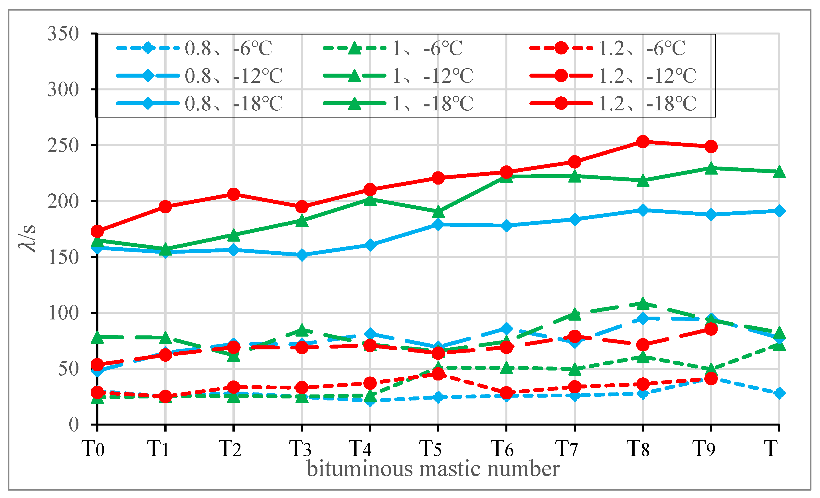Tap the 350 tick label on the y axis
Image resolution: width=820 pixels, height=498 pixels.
[63, 34]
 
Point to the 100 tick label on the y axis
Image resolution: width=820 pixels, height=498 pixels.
[63, 313]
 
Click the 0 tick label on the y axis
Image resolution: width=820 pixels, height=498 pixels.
[74, 424]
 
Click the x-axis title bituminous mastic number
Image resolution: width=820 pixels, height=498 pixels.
[433, 469]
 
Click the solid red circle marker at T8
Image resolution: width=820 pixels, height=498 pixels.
[643, 142]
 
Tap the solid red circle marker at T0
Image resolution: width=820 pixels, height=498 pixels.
[97, 231]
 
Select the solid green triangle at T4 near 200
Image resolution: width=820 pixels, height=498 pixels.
[370, 200]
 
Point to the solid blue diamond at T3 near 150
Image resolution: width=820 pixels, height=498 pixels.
[301, 255]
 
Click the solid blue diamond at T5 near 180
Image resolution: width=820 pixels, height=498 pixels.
[438, 224]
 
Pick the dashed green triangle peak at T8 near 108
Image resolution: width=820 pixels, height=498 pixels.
[643, 303]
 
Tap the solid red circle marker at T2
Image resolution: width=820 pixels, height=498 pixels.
[233, 194]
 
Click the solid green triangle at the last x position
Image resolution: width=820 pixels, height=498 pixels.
[779, 172]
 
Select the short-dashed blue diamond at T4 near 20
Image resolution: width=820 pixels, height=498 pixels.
[370, 400]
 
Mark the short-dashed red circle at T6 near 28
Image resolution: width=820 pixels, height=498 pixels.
[506, 393]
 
